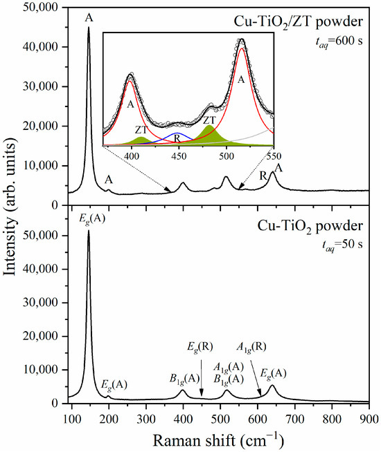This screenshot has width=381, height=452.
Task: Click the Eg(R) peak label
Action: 201,346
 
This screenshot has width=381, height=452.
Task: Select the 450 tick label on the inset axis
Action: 179,156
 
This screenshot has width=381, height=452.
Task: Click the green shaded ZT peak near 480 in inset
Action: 209,136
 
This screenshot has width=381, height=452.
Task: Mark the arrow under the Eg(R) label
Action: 202,377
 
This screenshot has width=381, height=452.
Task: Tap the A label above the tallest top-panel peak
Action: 89,18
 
